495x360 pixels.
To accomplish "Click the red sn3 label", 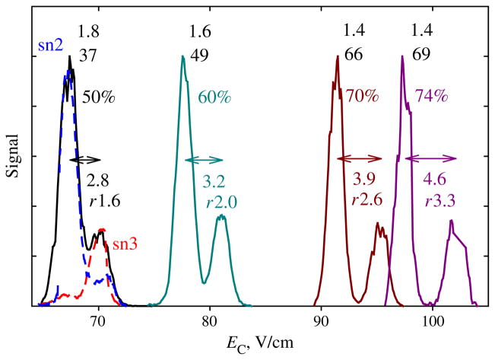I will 125,244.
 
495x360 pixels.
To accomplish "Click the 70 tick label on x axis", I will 97,320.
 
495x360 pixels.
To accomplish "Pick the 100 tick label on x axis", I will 433,320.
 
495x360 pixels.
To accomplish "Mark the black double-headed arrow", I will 84,159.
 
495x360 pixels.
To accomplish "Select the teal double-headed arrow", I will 204,159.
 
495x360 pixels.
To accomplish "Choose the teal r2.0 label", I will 222,201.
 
